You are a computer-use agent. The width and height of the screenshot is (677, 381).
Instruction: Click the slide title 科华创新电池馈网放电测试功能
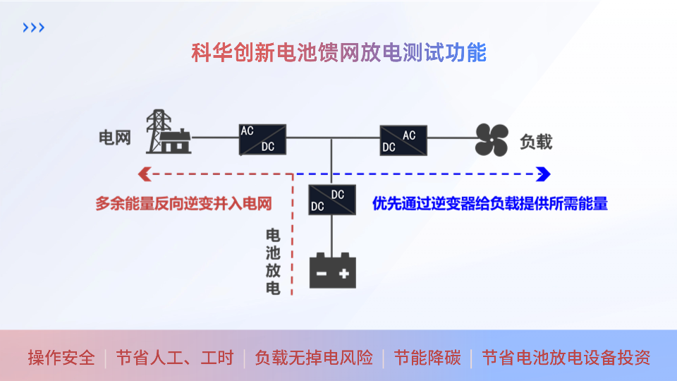coord(338,53)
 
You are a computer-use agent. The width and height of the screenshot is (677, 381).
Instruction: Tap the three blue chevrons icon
coord(33,28)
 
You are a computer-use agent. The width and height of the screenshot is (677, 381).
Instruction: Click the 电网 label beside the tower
coord(114,138)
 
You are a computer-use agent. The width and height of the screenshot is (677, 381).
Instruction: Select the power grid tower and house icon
coord(168,132)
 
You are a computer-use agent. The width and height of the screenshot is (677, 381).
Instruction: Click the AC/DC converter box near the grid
coord(262,139)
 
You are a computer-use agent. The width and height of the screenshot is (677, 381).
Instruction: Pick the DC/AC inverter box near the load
coord(403,140)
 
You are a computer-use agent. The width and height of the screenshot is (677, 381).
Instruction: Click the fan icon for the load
coord(492,140)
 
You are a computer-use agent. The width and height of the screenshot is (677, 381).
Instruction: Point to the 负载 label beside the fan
coord(536,141)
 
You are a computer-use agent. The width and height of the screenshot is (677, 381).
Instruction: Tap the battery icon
coord(333,270)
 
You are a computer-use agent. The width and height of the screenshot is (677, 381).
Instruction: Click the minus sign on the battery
coord(321,273)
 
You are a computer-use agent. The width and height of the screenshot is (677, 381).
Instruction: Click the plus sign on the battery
coord(344,273)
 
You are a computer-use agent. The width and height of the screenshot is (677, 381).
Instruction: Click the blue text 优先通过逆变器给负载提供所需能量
coord(489,204)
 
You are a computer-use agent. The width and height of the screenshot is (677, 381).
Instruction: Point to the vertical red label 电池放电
coord(272,261)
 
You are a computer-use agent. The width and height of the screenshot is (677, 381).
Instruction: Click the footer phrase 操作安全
coord(61,358)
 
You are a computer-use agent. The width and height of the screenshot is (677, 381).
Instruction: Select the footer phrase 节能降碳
coord(427,358)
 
